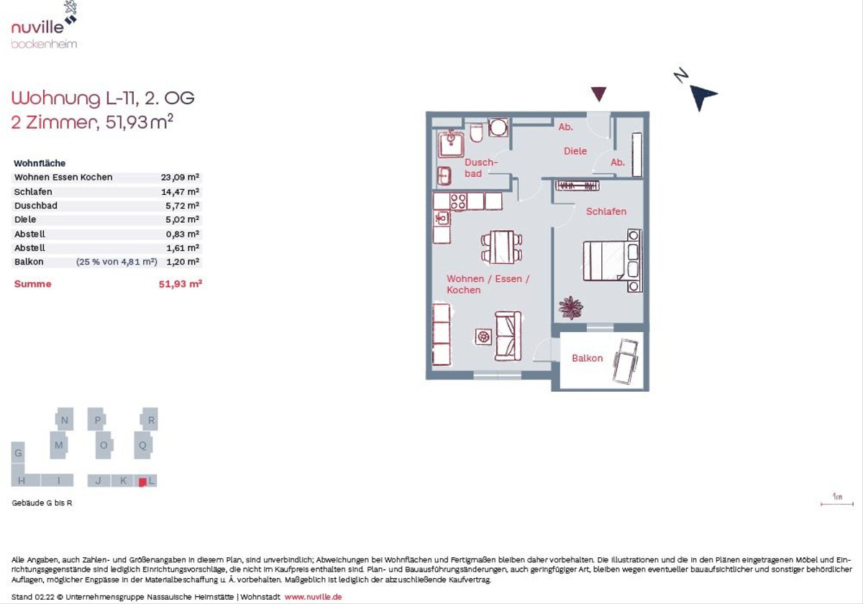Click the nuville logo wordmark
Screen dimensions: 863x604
(x=37, y=27)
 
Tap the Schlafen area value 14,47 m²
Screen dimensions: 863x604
(x=180, y=191)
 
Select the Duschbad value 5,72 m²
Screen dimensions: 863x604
(x=182, y=206)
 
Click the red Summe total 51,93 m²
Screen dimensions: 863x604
(x=181, y=284)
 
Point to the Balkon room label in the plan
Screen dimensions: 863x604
(x=587, y=358)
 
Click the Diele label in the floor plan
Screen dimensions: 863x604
(x=575, y=151)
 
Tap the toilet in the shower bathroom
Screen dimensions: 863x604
(x=477, y=132)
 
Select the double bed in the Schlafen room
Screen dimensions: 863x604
(x=612, y=260)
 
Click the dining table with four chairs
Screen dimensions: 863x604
(x=502, y=247)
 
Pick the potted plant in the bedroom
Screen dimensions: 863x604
(x=570, y=308)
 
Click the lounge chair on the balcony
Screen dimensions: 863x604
(x=626, y=361)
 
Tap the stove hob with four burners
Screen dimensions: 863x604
(x=458, y=201)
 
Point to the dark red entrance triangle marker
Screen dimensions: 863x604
(x=598, y=94)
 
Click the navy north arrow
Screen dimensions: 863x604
(x=702, y=96)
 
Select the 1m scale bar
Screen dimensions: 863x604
(x=837, y=504)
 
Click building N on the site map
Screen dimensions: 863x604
(x=64, y=419)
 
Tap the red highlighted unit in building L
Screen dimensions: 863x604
(x=142, y=482)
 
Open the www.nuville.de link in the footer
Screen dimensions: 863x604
(x=314, y=597)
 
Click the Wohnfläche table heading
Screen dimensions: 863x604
(x=40, y=163)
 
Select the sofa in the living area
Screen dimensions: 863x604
(x=508, y=337)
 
